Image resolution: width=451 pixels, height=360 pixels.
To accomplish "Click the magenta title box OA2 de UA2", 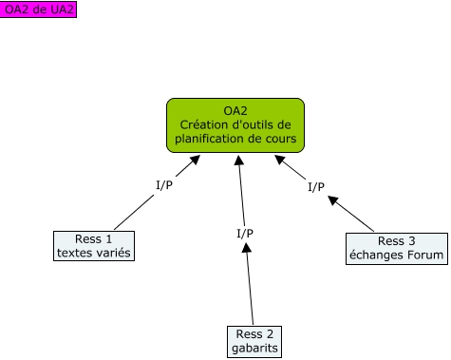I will [x=39, y=9].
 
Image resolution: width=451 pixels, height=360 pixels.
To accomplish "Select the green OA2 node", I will [x=235, y=125].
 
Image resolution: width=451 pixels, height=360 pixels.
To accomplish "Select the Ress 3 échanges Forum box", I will [x=383, y=248].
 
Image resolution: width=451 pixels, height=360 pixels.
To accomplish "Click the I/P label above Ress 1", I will [x=163, y=184].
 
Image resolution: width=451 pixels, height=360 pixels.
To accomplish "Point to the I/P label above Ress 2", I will [x=244, y=232].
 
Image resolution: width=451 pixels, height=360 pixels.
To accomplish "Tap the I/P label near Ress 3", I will [x=316, y=186].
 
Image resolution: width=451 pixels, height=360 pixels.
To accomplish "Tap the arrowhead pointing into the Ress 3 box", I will [x=333, y=200].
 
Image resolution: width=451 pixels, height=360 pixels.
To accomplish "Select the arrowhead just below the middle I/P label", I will [x=246, y=247].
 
